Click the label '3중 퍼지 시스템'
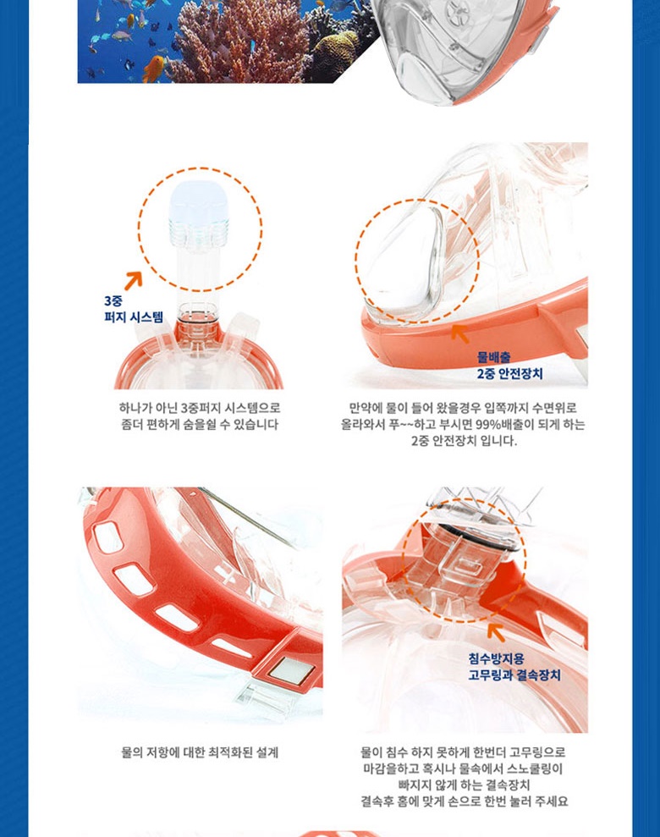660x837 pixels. [x=134, y=309]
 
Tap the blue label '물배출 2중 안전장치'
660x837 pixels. [x=509, y=366]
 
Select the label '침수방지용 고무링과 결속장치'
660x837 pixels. [x=514, y=667]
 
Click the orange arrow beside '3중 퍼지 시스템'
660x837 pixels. [x=134, y=280]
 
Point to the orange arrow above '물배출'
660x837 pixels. [x=460, y=333]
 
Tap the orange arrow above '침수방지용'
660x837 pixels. [x=496, y=632]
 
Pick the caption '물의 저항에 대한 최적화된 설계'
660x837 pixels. [x=200, y=752]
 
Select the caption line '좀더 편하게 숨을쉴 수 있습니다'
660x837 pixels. [x=200, y=424]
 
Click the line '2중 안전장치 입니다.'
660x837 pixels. [x=464, y=441]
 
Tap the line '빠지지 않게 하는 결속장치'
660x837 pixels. [x=464, y=785]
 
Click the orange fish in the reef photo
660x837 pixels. [x=154, y=69]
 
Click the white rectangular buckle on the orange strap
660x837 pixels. [x=289, y=669]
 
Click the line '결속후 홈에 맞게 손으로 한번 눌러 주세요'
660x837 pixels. [x=464, y=801]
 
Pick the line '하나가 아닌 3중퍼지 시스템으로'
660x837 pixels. [x=200, y=409]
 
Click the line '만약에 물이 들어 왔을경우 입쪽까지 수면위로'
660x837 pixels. [x=463, y=409]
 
